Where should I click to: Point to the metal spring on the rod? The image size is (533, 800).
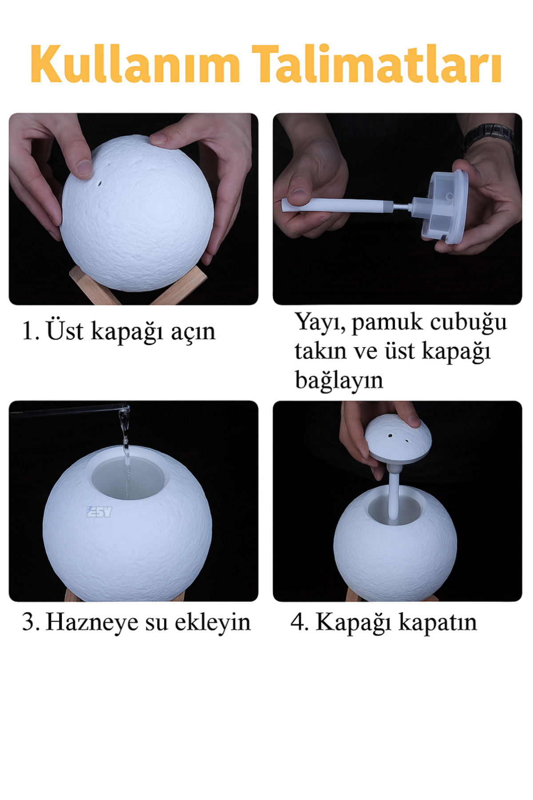coord(402,206)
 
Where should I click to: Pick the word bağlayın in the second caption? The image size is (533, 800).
coord(338,380)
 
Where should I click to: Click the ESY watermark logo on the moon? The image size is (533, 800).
coord(99,512)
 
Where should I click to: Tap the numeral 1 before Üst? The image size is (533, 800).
coord(28,332)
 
